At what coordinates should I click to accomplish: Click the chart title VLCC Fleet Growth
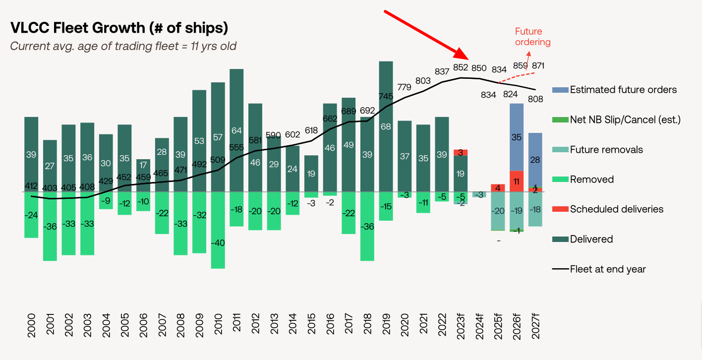[x=119, y=28]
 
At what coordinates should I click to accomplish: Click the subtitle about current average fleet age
[x=123, y=46]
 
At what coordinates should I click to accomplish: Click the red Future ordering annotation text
[x=532, y=37]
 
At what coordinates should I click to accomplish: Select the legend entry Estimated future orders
[x=623, y=90]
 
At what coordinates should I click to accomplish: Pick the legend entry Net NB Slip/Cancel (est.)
[x=625, y=120]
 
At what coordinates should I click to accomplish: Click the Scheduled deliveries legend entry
[x=616, y=209]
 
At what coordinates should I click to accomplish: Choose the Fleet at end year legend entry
[x=607, y=269]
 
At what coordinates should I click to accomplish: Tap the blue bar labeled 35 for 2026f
[x=517, y=137]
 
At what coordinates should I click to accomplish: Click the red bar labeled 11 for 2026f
[x=517, y=181]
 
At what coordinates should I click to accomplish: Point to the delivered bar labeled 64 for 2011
[x=236, y=130]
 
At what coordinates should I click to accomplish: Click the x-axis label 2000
[x=32, y=325]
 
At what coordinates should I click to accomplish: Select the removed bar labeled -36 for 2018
[x=367, y=226]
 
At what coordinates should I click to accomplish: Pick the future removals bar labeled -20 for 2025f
[x=498, y=211]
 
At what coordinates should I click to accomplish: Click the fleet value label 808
[x=536, y=99]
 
